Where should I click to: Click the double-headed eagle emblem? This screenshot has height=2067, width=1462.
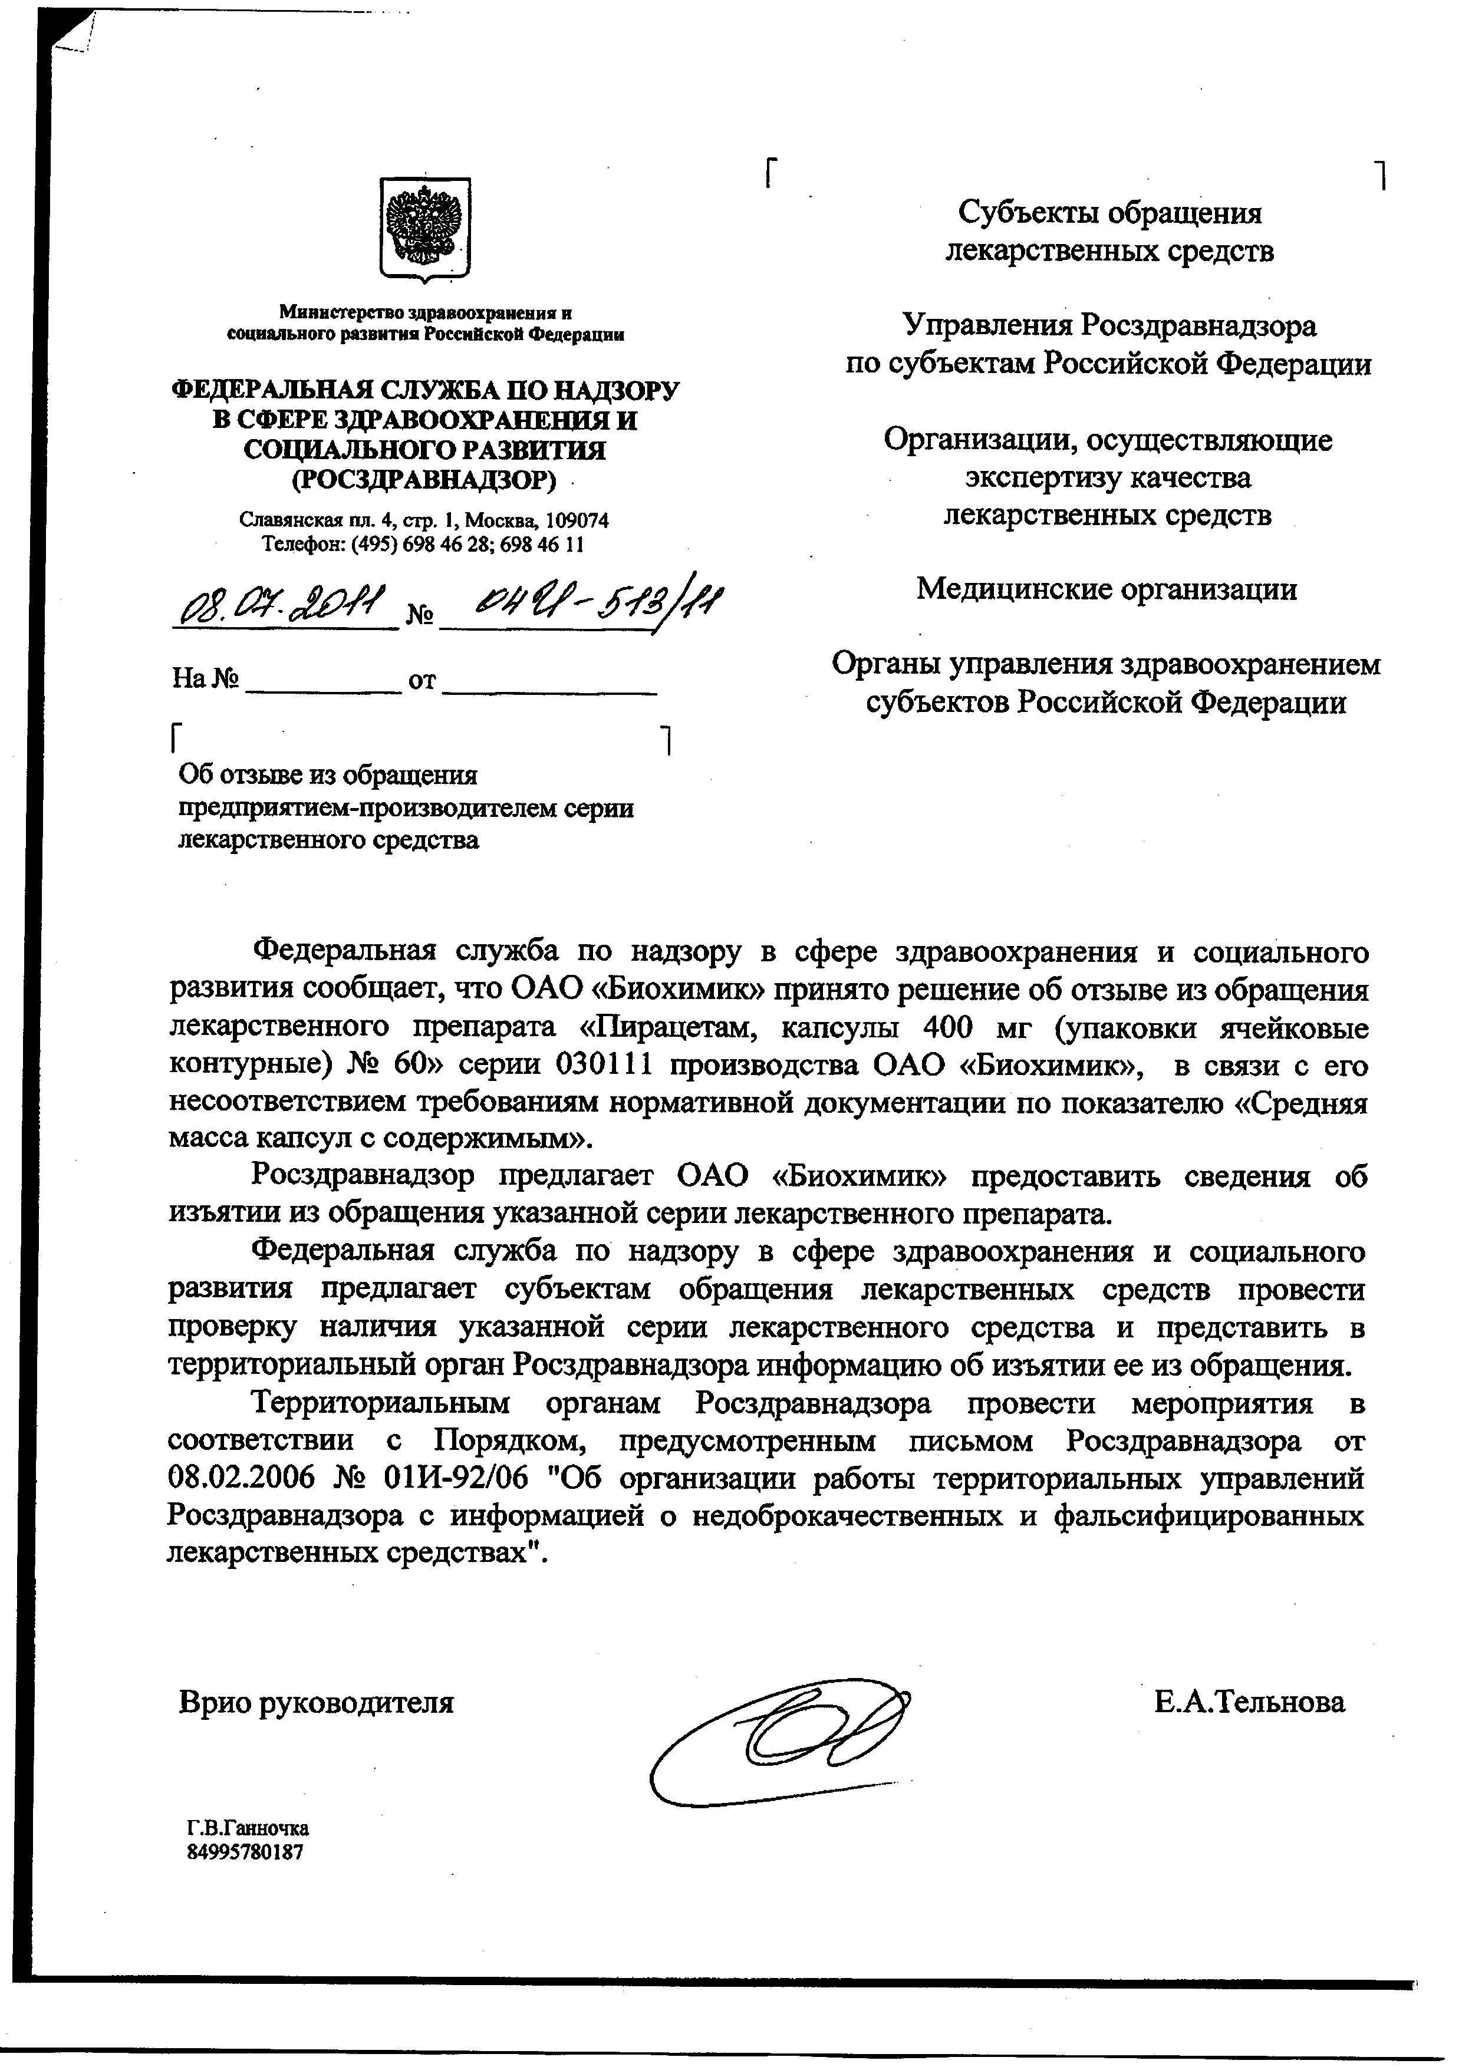point(423,227)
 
